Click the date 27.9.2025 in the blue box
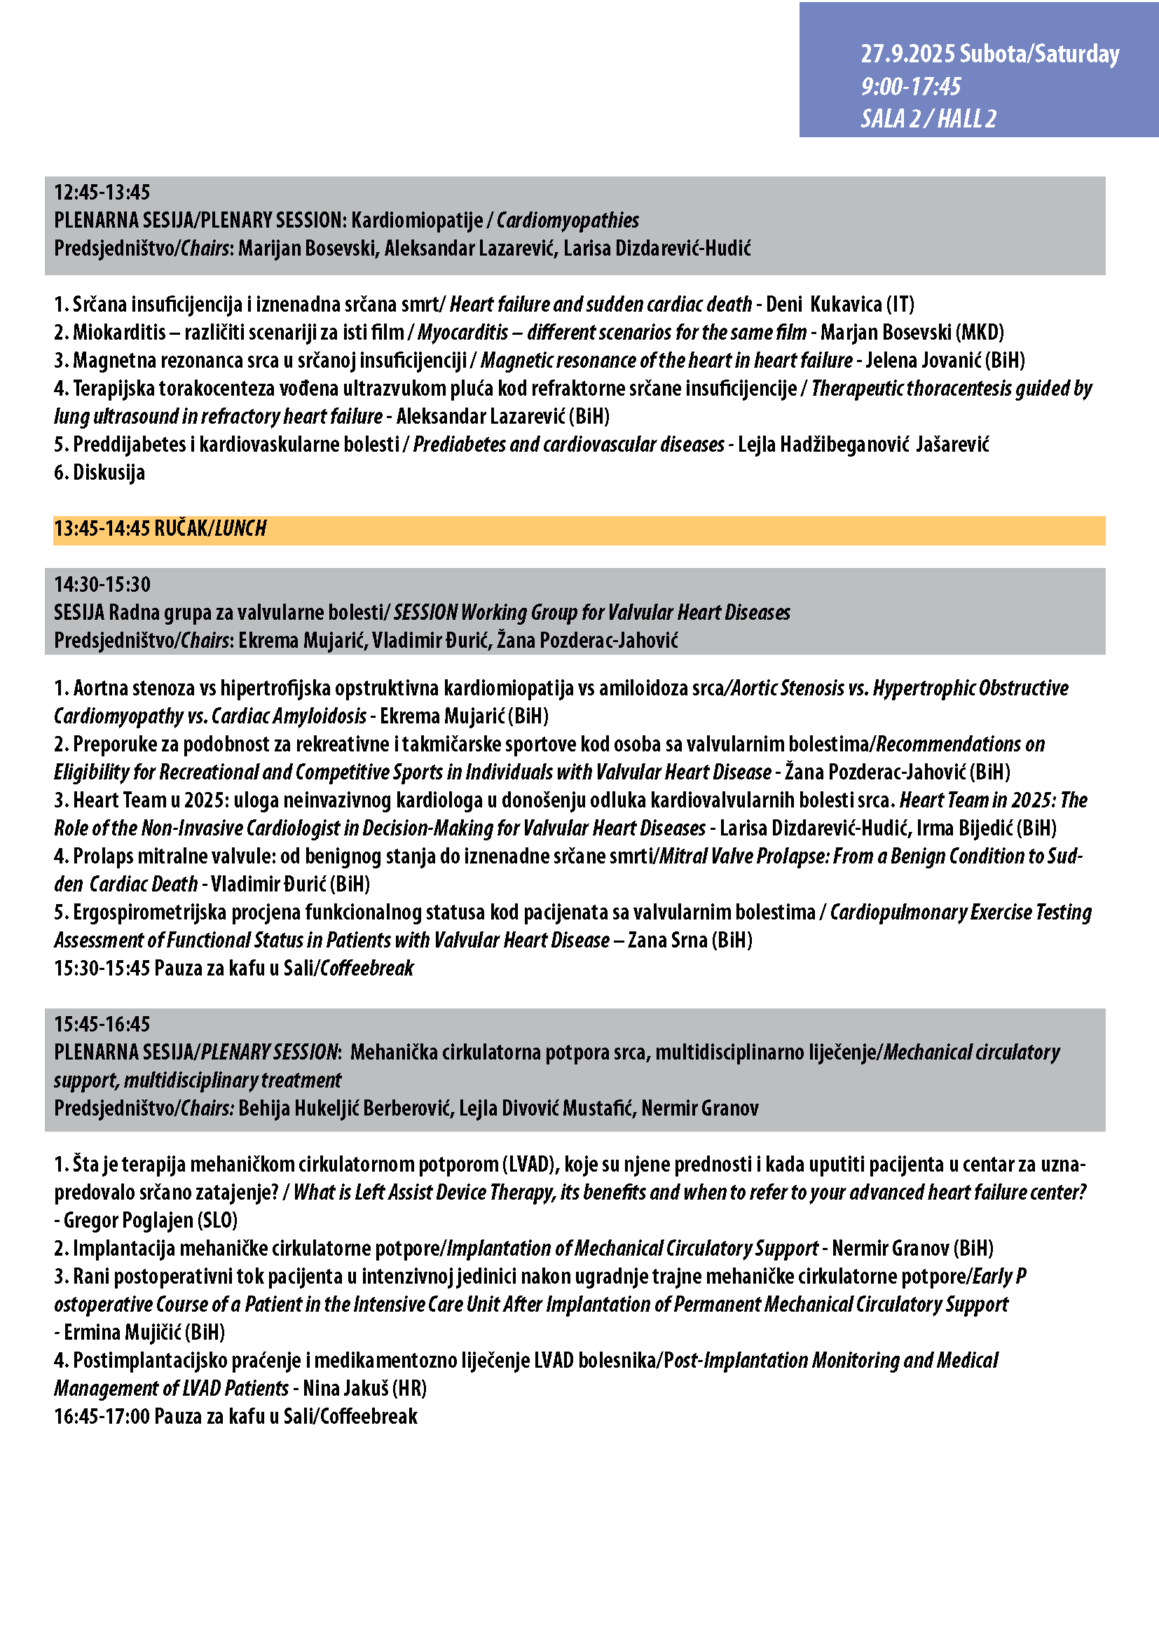click(907, 54)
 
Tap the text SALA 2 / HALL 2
click(928, 118)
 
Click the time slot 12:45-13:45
click(102, 193)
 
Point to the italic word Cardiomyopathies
click(568, 221)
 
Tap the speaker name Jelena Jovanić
click(924, 360)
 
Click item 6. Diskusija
click(100, 472)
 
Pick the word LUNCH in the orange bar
click(240, 529)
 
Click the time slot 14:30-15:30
click(102, 585)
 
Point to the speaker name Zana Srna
click(667, 941)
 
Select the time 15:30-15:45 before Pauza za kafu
click(102, 968)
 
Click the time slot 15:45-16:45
click(102, 1025)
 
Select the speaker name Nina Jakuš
click(345, 1387)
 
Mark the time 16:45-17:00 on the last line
click(102, 1416)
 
